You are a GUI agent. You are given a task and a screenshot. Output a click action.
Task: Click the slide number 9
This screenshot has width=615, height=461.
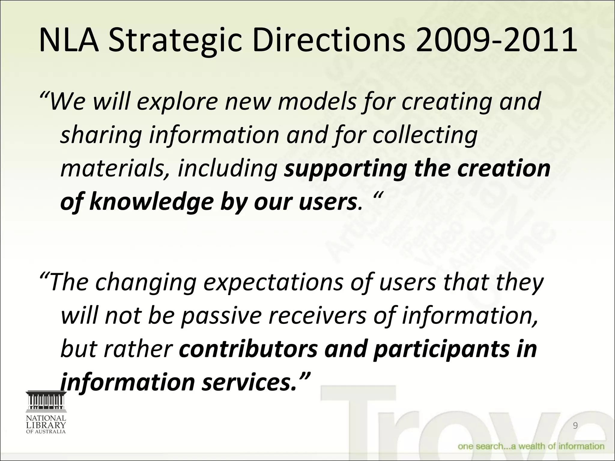click(575, 426)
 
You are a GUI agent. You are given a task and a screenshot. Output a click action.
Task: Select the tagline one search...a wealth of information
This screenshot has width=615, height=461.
click(531, 446)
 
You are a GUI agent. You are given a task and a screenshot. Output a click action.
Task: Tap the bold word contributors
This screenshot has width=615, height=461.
click(248, 349)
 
